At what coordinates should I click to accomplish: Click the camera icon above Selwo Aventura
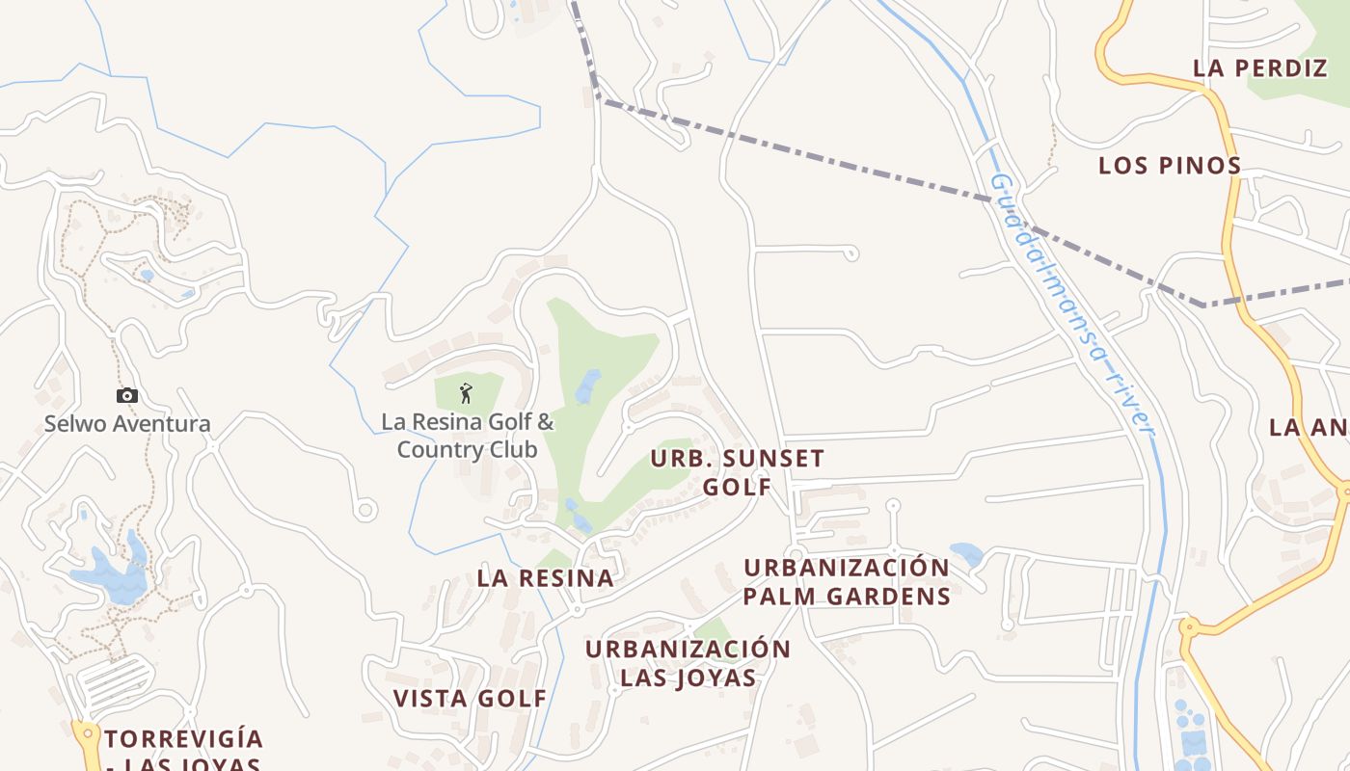[127, 395]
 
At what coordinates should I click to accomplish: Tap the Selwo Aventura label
[127, 423]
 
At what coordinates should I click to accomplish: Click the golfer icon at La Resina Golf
[467, 393]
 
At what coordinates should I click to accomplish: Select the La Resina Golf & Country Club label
[468, 436]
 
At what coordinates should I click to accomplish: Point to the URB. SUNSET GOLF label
[738, 472]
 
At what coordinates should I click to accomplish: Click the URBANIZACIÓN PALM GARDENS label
[847, 581]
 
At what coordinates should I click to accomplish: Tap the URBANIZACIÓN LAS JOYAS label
[688, 663]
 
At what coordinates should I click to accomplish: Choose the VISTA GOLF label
[470, 698]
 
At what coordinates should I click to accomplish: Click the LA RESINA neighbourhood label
[545, 578]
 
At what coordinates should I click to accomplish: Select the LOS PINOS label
[1170, 165]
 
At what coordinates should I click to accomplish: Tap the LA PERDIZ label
[1260, 68]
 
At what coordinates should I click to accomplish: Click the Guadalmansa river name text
[1070, 304]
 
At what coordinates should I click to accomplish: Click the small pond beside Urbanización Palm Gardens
[966, 554]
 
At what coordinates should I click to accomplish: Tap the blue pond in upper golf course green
[587, 385]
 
